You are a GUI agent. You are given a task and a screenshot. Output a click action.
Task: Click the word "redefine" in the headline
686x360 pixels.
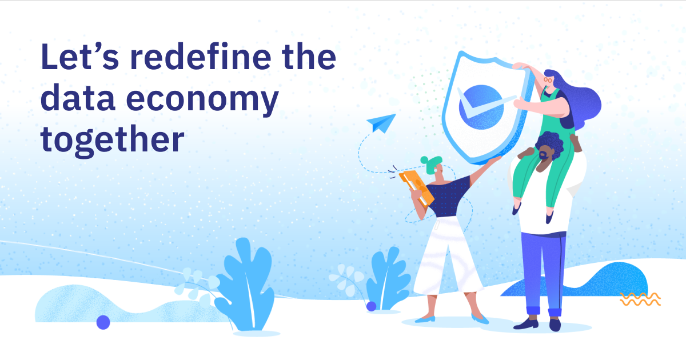(x=201, y=57)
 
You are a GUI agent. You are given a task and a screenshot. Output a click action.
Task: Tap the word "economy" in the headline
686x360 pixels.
(x=202, y=100)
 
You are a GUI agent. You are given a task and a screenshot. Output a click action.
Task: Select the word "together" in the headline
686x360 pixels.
(x=112, y=141)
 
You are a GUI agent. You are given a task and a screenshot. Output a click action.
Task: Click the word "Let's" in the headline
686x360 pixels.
(x=79, y=57)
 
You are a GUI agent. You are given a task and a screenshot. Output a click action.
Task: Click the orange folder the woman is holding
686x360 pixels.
(x=417, y=188)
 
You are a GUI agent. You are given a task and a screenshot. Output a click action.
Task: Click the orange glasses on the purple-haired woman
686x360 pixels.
(x=548, y=80)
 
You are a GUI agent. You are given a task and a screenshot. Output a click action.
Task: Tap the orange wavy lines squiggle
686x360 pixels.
(x=640, y=299)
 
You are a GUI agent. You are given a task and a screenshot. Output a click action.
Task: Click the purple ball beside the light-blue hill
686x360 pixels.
(x=103, y=322)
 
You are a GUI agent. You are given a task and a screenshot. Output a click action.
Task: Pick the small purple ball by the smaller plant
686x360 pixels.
(x=371, y=306)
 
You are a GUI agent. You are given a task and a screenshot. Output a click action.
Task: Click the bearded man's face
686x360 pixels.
(x=546, y=153)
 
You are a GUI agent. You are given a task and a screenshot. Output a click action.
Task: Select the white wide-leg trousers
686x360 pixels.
(x=448, y=255)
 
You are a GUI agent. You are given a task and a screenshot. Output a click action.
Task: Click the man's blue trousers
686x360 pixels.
(x=544, y=273)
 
